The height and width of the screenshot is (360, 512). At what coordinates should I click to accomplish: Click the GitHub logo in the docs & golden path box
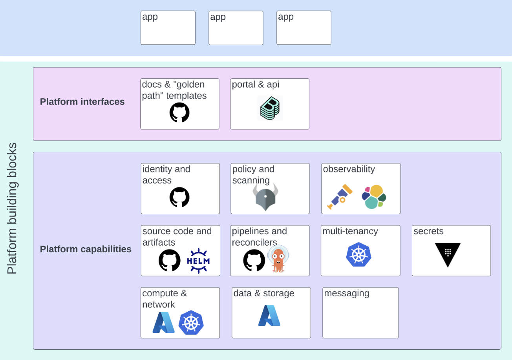tap(179, 112)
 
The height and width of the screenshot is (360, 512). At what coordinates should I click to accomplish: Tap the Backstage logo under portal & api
tap(271, 108)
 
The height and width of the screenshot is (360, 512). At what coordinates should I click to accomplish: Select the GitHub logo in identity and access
tap(179, 197)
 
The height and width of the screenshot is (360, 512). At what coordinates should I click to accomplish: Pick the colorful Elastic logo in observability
tap(374, 197)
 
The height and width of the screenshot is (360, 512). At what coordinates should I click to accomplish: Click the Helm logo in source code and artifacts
tap(198, 261)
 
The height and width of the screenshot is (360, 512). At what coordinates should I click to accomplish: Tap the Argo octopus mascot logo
tap(278, 259)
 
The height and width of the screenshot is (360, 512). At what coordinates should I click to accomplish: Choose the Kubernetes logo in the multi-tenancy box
tap(358, 255)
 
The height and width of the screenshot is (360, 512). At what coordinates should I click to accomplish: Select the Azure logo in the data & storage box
tap(269, 316)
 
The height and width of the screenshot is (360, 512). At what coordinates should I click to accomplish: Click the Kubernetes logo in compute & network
tap(191, 322)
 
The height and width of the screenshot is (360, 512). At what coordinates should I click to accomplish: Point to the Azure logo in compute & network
tap(163, 322)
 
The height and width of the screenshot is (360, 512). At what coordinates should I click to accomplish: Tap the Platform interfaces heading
tap(82, 102)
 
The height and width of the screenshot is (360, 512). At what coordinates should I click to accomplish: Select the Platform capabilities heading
tap(86, 249)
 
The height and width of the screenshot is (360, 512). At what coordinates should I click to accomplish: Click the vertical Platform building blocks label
tap(12, 208)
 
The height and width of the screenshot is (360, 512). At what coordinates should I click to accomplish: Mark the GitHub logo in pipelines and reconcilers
tap(254, 260)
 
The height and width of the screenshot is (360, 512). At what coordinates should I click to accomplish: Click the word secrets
tap(428, 231)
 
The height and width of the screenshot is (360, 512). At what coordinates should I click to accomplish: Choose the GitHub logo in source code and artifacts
tap(170, 260)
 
